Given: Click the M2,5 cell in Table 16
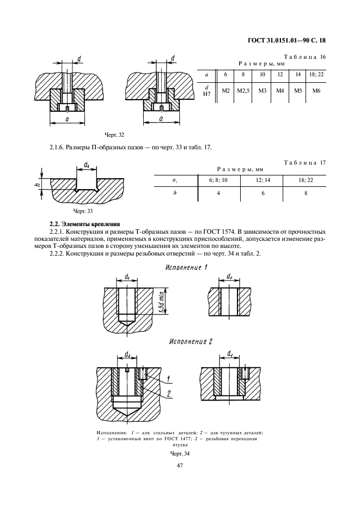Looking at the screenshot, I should pyautogui.click(x=243, y=90).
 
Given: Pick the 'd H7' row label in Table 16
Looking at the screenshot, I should pyautogui.click(x=206, y=90).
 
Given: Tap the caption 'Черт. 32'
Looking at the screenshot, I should pyautogui.click(x=115, y=134).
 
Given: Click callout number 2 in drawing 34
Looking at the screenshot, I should pyautogui.click(x=169, y=392).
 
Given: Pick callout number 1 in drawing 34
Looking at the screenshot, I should pyautogui.click(x=169, y=379).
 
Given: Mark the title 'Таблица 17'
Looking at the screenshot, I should pyautogui.click(x=305, y=162).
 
